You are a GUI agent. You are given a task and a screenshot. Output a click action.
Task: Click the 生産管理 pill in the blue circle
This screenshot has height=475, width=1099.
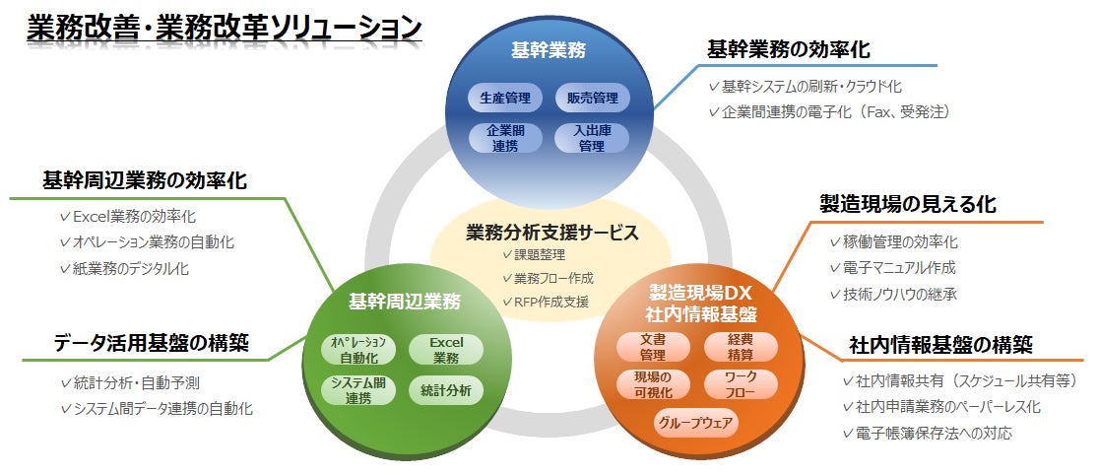(x=505, y=98)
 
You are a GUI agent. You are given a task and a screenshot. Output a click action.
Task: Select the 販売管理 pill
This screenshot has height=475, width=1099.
(x=592, y=98)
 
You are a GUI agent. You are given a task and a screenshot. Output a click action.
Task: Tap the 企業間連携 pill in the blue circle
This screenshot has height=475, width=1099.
(x=505, y=138)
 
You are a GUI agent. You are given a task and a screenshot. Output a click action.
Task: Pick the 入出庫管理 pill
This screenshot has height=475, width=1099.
(x=592, y=138)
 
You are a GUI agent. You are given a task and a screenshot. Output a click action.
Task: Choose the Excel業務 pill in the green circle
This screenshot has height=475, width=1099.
(x=446, y=350)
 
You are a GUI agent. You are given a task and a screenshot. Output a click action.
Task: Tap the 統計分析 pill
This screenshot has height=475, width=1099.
(x=446, y=390)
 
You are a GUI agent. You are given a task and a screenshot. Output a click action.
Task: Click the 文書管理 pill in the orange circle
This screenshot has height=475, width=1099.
(x=653, y=346)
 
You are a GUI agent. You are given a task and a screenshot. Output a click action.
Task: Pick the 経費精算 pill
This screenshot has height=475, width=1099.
(x=741, y=346)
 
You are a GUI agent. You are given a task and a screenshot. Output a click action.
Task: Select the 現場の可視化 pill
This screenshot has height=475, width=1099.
(x=653, y=384)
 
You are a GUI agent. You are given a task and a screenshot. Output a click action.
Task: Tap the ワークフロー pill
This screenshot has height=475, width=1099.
(x=741, y=384)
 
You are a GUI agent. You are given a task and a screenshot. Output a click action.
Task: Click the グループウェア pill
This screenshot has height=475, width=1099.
(x=696, y=424)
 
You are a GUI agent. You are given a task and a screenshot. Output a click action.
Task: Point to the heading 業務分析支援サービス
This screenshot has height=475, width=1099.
(x=551, y=233)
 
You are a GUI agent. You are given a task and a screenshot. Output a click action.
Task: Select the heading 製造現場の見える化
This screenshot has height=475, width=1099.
(x=908, y=204)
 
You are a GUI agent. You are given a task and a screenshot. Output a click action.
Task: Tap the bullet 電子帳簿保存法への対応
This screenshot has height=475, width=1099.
(x=927, y=433)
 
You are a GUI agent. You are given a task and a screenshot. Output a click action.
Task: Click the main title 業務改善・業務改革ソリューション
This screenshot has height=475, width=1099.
(x=225, y=28)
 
